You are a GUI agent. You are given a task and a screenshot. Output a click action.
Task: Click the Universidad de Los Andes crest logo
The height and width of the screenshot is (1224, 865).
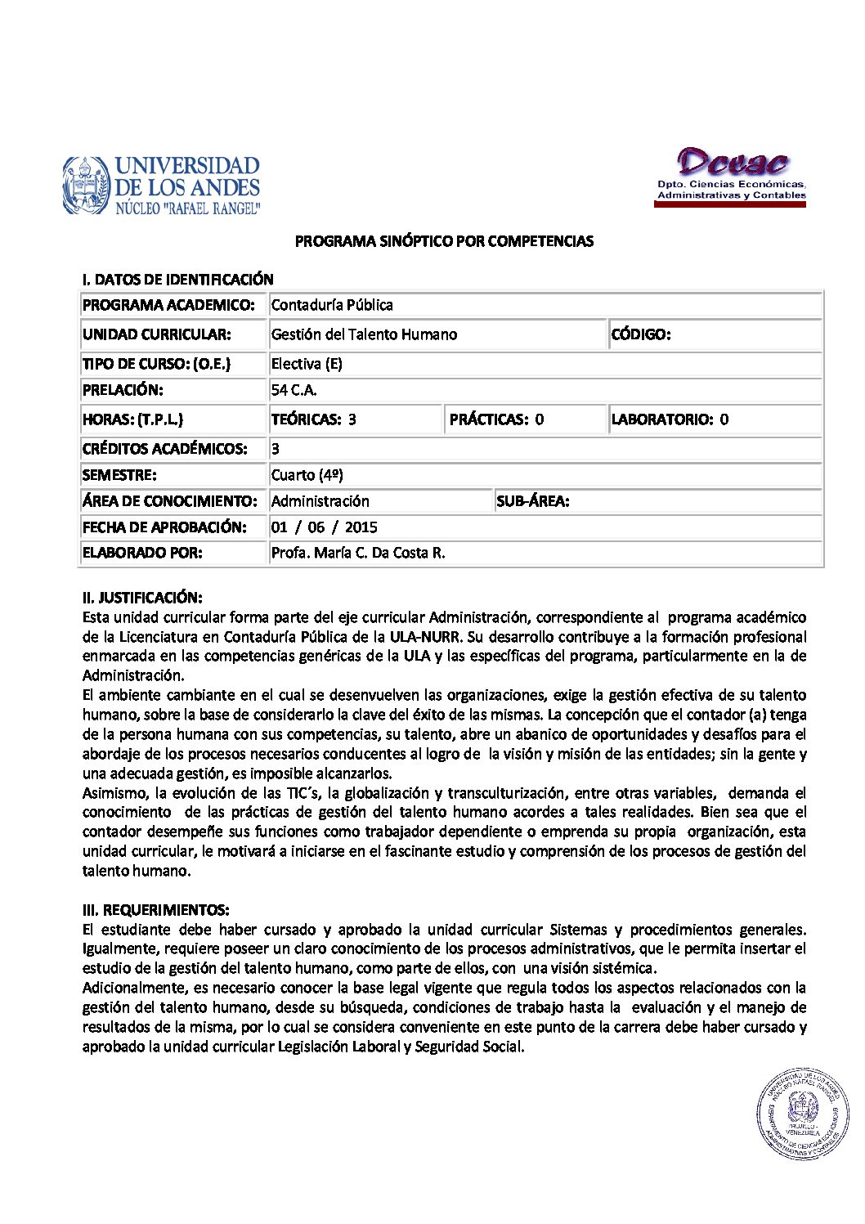click(x=86, y=186)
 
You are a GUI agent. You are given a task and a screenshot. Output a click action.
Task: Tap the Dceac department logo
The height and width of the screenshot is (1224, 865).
click(x=731, y=175)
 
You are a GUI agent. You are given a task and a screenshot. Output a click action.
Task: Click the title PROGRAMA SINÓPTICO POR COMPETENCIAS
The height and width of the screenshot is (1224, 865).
click(x=444, y=241)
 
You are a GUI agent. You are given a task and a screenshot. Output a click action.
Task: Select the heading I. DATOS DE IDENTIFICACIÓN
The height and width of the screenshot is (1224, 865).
click(x=177, y=280)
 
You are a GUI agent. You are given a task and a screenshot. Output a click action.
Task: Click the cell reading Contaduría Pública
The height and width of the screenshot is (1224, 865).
click(x=332, y=305)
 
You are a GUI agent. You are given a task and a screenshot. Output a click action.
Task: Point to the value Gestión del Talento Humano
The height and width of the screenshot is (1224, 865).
click(x=364, y=334)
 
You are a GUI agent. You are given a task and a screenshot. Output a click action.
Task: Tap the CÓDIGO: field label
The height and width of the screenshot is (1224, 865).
click(x=641, y=334)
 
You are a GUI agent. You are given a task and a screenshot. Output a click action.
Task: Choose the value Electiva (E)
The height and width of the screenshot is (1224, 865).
click(x=307, y=364)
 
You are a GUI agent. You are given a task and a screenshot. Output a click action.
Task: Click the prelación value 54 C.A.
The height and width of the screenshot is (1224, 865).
click(x=294, y=390)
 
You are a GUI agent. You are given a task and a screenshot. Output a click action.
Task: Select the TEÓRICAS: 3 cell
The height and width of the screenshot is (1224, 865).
click(x=314, y=419)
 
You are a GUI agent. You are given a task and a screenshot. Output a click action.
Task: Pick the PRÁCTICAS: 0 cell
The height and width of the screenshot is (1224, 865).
click(x=496, y=419)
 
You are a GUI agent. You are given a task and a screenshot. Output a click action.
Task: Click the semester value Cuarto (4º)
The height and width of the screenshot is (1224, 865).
click(x=307, y=475)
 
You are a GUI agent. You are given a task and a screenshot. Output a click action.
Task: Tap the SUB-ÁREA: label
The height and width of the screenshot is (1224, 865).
click(x=532, y=501)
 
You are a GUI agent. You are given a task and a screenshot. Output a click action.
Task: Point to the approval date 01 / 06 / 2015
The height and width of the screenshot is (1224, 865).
click(x=324, y=527)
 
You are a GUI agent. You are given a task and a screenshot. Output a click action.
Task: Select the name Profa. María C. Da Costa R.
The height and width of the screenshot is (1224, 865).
click(x=358, y=553)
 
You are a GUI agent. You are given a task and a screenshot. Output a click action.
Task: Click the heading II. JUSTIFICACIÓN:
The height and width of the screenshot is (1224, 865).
click(x=142, y=598)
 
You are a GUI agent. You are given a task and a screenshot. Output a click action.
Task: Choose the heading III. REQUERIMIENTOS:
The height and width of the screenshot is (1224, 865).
click(x=155, y=910)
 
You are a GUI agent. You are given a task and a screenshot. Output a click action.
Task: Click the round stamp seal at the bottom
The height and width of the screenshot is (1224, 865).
click(x=802, y=1114)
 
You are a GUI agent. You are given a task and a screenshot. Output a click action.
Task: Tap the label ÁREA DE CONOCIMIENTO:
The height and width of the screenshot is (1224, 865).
click(x=169, y=501)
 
